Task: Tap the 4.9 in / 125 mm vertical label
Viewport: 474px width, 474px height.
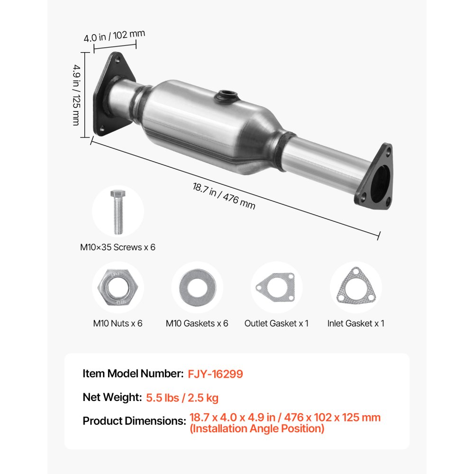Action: [x=76, y=94]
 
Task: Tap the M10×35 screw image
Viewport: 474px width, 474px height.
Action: [x=117, y=211]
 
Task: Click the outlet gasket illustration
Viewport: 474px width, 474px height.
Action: [x=275, y=287]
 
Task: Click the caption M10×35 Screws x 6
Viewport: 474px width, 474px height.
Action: [x=118, y=247]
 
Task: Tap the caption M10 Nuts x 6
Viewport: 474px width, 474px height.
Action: [x=118, y=323]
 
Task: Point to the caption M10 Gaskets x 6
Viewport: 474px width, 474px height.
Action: [x=197, y=323]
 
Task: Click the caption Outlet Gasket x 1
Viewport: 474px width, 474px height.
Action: [x=276, y=323]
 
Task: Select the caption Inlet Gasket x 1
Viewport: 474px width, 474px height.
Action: [x=355, y=323]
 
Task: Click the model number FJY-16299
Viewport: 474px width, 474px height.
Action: [x=215, y=374]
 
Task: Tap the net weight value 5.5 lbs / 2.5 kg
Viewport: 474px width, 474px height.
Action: [x=182, y=397]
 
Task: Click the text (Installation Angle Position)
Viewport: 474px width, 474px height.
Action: [x=257, y=429]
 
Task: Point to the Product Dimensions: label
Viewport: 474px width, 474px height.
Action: [x=134, y=420]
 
